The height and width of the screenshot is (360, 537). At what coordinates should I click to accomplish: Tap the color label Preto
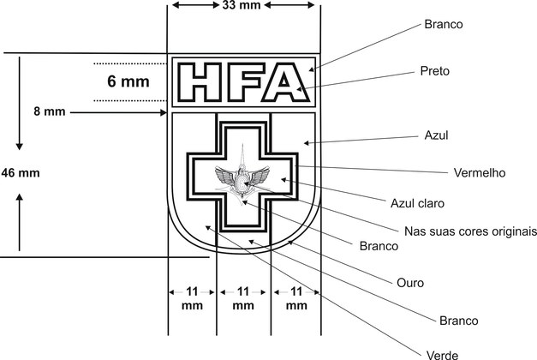pyautogui.click(x=436, y=71)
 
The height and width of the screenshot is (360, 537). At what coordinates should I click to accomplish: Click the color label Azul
pyautogui.click(x=436, y=135)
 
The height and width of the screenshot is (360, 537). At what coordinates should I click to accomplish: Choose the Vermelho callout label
pyautogui.click(x=479, y=172)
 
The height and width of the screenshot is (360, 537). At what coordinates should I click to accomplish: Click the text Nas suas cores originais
pyautogui.click(x=469, y=231)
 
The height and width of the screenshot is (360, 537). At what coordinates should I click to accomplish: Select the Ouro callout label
pyautogui.click(x=410, y=282)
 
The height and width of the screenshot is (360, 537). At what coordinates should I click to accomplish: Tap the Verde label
pyautogui.click(x=442, y=353)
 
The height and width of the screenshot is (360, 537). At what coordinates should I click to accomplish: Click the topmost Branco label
pyautogui.click(x=443, y=24)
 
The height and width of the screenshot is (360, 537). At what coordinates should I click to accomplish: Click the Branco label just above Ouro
pyautogui.click(x=379, y=246)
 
